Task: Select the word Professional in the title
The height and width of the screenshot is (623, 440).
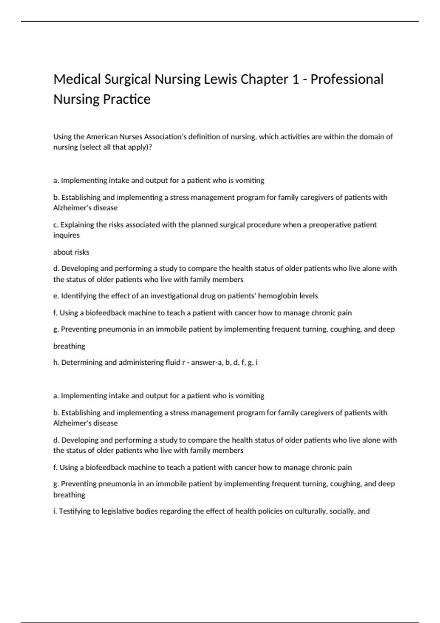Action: pos(347,80)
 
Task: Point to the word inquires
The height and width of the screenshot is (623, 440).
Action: pos(66,235)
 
